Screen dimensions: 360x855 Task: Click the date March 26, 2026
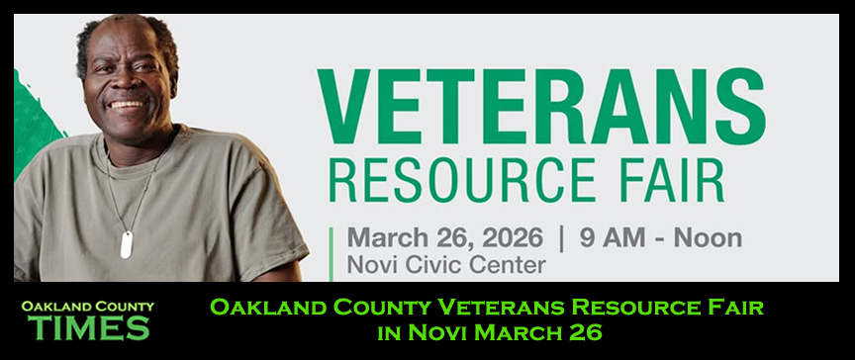444,238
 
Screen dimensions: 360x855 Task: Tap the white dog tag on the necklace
127,244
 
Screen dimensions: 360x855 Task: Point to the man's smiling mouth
126,104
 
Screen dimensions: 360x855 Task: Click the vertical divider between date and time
561,238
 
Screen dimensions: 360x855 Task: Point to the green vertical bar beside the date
332,252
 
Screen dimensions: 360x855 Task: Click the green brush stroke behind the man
35,129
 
